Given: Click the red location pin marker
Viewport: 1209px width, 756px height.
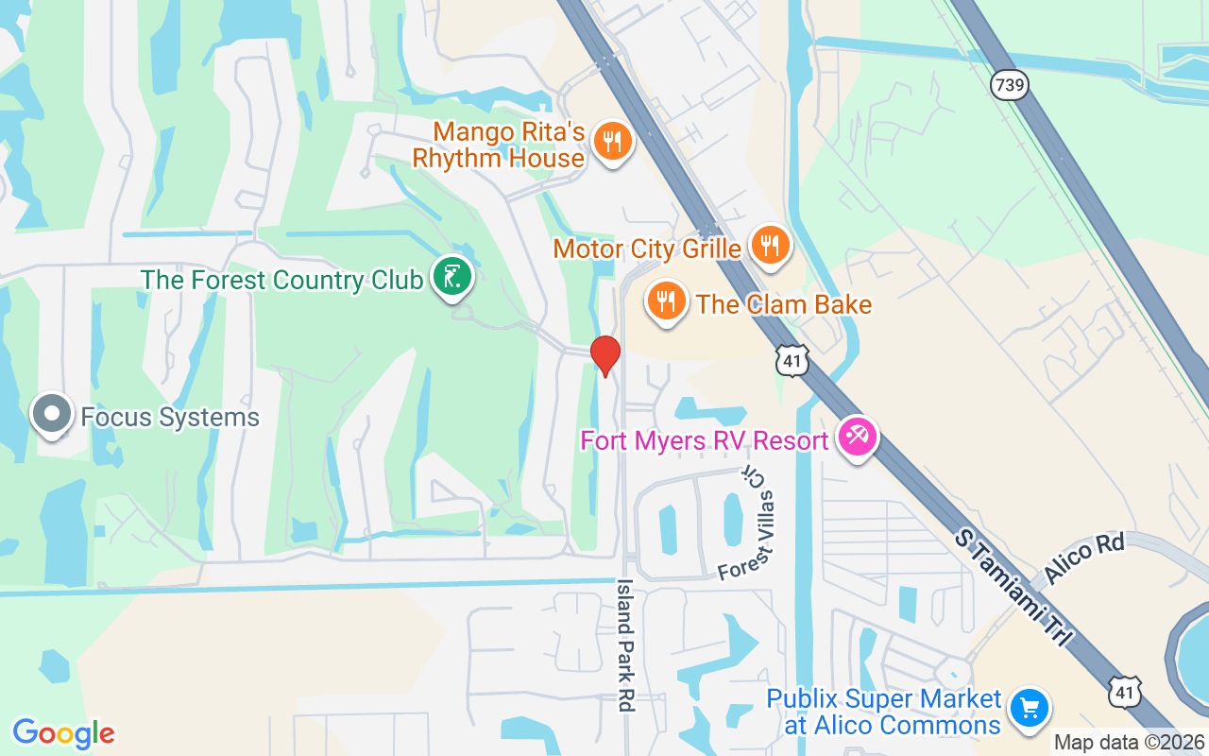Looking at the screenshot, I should (x=604, y=355).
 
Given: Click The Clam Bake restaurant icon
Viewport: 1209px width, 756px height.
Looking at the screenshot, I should (x=667, y=301).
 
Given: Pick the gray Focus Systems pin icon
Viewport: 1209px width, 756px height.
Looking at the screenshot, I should (x=51, y=415).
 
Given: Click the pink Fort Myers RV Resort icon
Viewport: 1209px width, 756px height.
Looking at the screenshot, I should (x=857, y=438).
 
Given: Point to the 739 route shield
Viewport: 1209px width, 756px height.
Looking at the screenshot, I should (x=1010, y=85).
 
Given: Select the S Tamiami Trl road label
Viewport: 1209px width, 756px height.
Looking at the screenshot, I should (x=1013, y=588).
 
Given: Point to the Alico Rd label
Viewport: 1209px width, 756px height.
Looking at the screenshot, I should (x=1084, y=560).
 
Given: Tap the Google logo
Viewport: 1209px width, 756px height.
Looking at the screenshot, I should (x=63, y=733).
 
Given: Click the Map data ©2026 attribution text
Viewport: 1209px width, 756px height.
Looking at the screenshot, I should (x=1129, y=743).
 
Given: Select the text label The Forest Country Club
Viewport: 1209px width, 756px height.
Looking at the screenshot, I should (x=281, y=280).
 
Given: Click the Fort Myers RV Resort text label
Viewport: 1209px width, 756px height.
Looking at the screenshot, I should (x=705, y=440).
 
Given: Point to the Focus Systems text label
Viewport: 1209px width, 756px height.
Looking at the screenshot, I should (x=170, y=417).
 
